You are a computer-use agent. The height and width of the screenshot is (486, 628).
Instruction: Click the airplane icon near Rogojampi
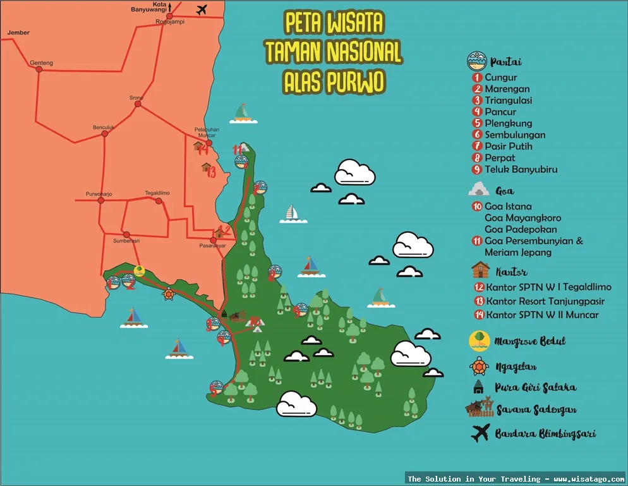[202, 9]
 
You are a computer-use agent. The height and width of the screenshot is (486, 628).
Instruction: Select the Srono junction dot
[138, 106]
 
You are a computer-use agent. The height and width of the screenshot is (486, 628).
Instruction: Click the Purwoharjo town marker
[100, 201]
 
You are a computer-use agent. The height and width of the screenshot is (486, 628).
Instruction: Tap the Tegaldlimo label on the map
[157, 192]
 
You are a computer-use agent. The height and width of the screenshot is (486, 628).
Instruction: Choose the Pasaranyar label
[212, 246]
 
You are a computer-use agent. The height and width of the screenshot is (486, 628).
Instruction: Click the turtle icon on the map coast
[169, 294]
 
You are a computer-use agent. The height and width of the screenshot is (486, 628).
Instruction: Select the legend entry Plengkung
[508, 123]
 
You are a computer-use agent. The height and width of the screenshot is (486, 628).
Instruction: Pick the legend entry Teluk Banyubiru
[521, 169]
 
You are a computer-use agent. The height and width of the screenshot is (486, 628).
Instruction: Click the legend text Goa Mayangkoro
[522, 218]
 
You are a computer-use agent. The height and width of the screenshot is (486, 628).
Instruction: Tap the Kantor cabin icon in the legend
[480, 271]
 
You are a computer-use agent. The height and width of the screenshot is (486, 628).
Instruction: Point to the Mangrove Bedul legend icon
[480, 340]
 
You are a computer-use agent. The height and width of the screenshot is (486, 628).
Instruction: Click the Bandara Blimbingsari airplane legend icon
[480, 434]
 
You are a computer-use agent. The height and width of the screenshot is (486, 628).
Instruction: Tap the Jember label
[18, 32]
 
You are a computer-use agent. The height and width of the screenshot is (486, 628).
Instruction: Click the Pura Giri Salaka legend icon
[480, 387]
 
